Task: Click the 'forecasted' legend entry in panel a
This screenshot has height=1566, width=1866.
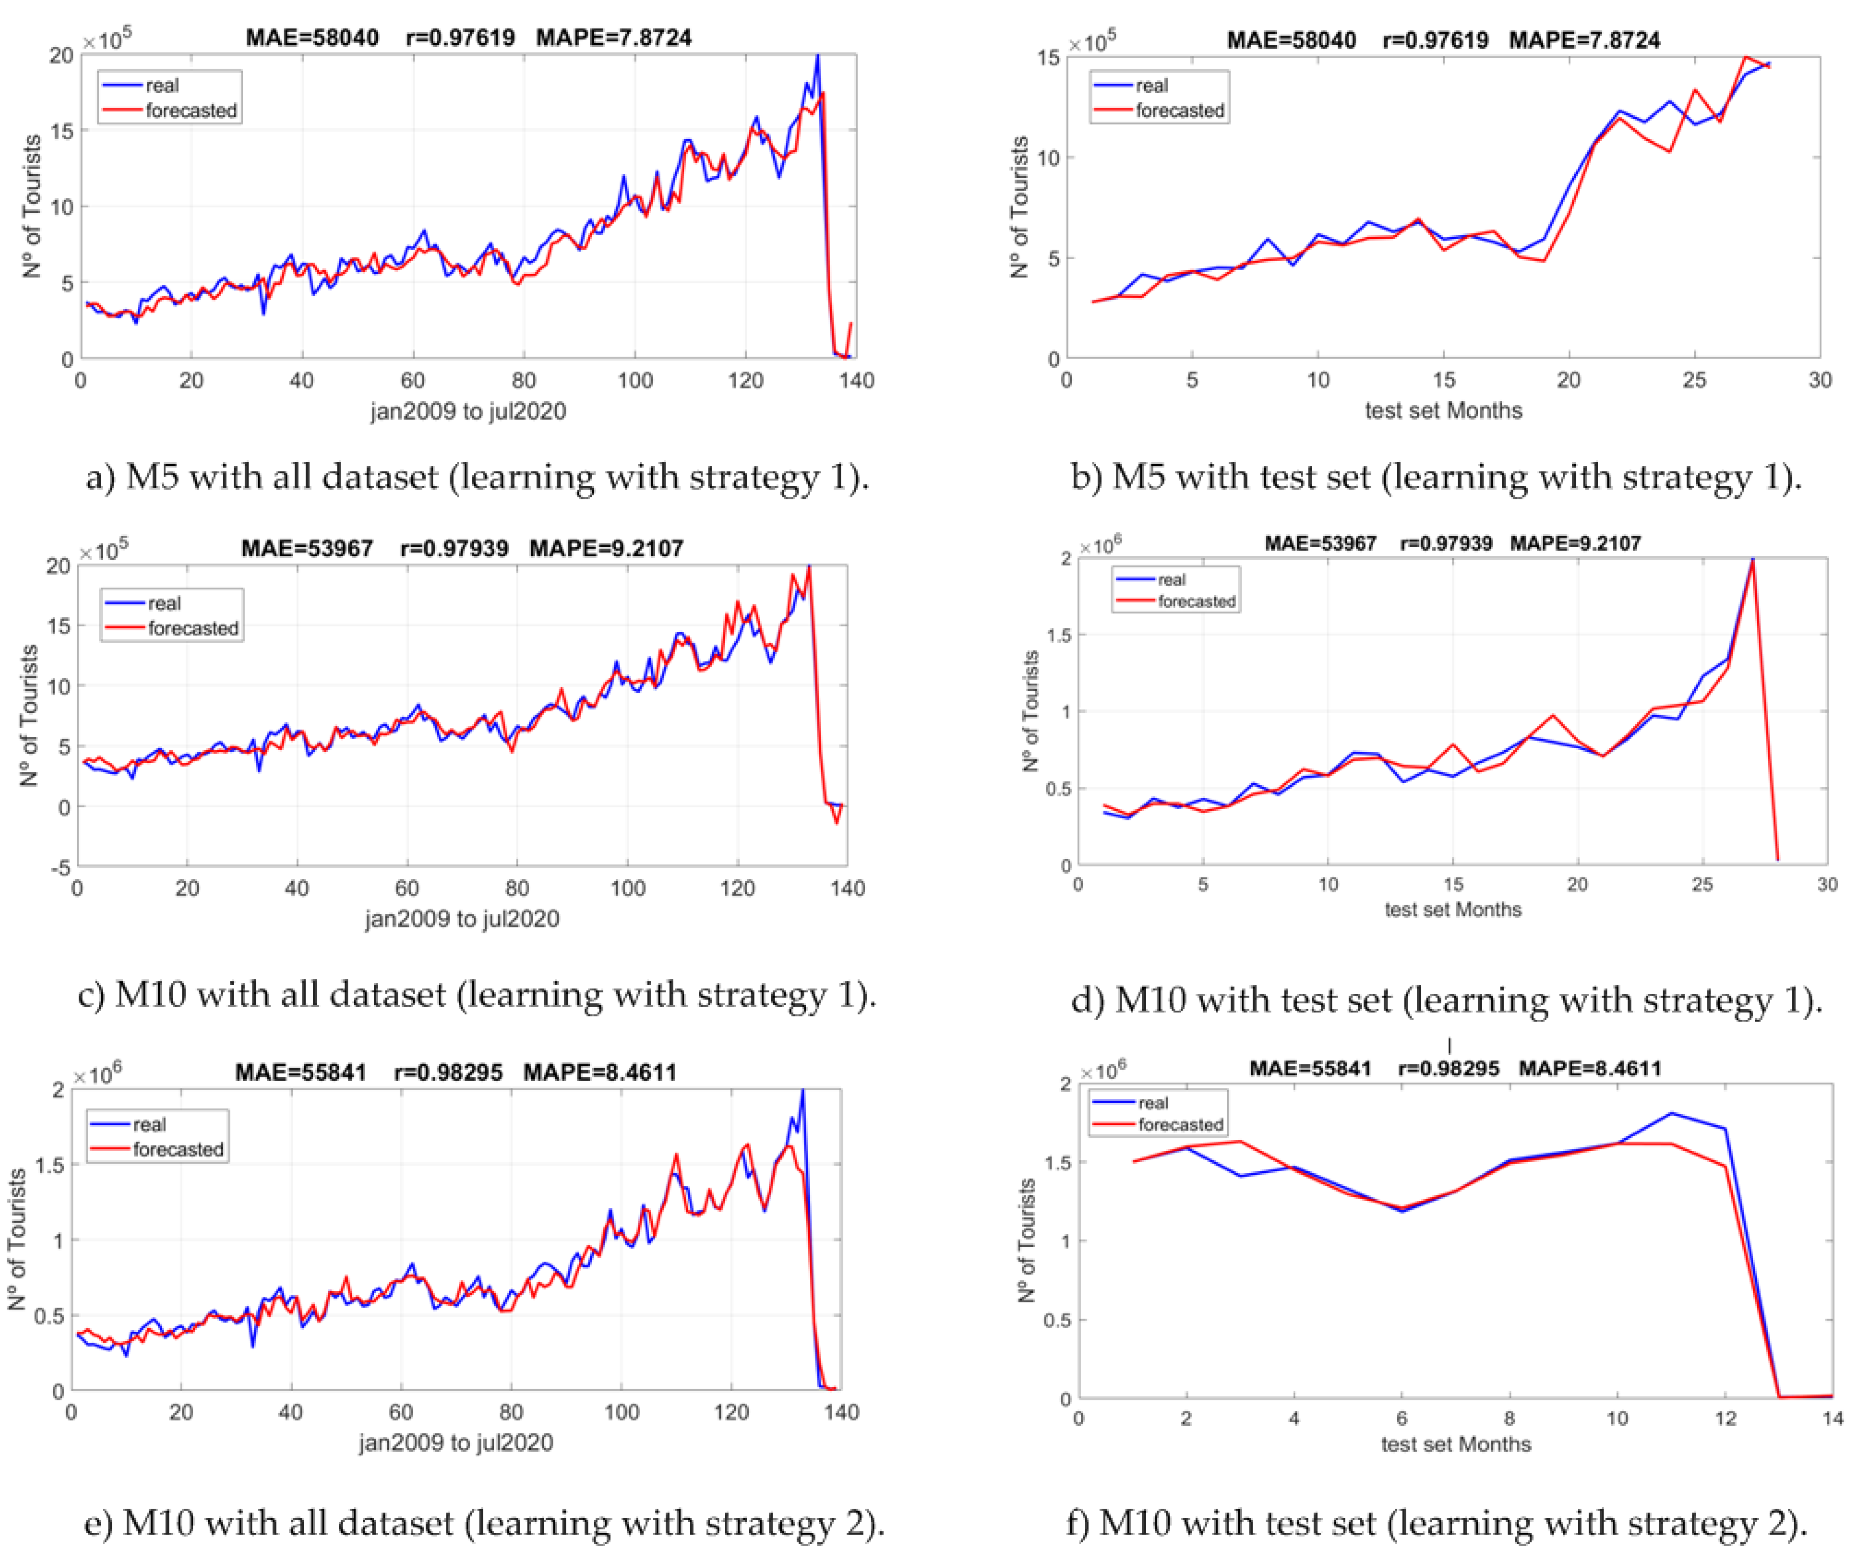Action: (190, 110)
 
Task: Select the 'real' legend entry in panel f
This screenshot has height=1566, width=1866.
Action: (1153, 1103)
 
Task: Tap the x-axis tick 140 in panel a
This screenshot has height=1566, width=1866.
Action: (857, 380)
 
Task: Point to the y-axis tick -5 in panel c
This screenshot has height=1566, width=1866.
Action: (60, 867)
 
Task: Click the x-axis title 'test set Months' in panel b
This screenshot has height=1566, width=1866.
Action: (1443, 411)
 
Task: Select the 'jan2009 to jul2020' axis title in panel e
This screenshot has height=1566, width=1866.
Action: (456, 1441)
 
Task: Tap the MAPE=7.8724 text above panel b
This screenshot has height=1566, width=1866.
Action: (1584, 40)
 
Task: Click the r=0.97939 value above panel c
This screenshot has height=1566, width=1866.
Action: (454, 549)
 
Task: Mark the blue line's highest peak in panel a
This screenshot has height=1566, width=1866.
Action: (818, 56)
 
